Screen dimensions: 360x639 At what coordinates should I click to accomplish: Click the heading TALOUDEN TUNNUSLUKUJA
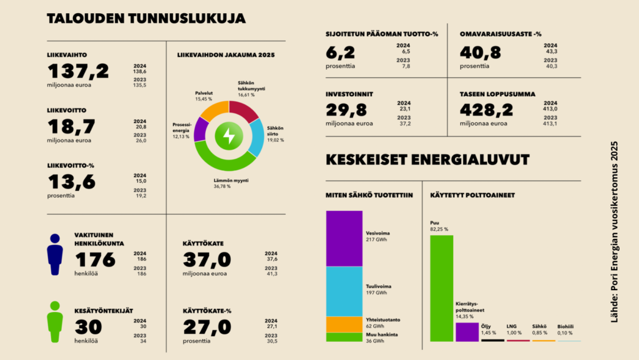[x=146, y=19]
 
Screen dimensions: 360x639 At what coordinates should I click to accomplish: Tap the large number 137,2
[x=78, y=71]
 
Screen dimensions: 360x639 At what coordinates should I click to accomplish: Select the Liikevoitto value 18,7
[x=72, y=127]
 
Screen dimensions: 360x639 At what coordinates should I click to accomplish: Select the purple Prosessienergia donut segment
[x=200, y=130]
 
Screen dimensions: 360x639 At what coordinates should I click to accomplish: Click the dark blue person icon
[x=55, y=255]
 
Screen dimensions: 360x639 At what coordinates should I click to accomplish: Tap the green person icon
[x=55, y=322]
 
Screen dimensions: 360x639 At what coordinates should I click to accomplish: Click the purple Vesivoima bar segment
[x=344, y=238]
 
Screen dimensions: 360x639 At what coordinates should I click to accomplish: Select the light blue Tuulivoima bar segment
[x=344, y=291]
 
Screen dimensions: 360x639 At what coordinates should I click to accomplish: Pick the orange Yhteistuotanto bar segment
[x=344, y=324]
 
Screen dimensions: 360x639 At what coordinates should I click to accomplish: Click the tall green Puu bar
[x=442, y=288]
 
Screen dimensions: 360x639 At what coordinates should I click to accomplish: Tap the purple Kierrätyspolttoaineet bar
[x=467, y=331]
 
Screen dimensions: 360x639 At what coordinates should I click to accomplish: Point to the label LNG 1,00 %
[x=514, y=328]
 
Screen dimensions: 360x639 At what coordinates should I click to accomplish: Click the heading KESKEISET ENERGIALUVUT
[x=427, y=160]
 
